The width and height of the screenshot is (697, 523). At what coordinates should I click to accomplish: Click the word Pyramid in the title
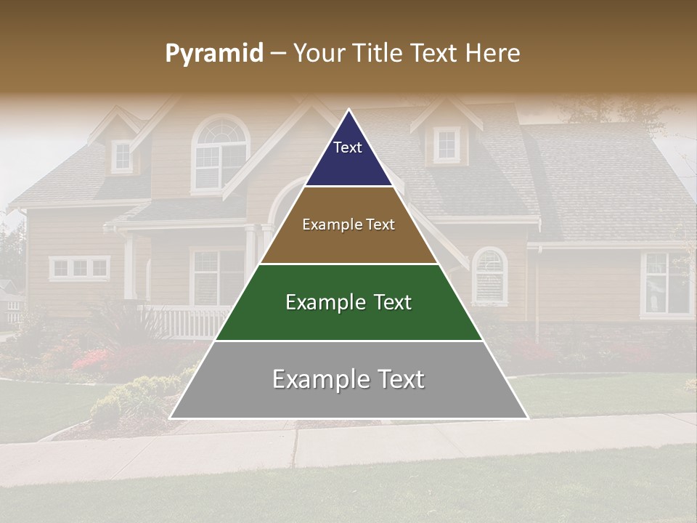[x=213, y=54]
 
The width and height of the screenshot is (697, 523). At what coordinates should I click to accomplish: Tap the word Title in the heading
[x=378, y=54]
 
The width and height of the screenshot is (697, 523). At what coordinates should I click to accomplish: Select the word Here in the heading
[x=493, y=54]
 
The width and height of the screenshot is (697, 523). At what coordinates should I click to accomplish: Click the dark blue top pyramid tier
[x=348, y=163]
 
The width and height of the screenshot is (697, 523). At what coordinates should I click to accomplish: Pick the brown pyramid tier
[x=348, y=243]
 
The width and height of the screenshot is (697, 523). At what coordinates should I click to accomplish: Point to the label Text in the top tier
[x=348, y=147]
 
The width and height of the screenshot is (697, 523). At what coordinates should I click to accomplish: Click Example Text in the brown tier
[x=348, y=224]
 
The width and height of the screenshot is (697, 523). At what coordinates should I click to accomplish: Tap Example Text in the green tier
[x=348, y=302]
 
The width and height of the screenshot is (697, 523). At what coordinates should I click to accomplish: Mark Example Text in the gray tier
[x=348, y=379]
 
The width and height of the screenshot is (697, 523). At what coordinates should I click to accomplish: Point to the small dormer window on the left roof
[x=122, y=155]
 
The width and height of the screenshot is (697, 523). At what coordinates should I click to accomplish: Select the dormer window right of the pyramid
[x=447, y=144]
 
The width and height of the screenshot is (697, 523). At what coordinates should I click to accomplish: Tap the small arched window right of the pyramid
[x=490, y=275]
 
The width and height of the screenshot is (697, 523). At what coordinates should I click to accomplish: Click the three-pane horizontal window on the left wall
[x=79, y=269]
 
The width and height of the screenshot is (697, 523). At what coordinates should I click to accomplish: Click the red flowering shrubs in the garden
[x=91, y=358]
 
